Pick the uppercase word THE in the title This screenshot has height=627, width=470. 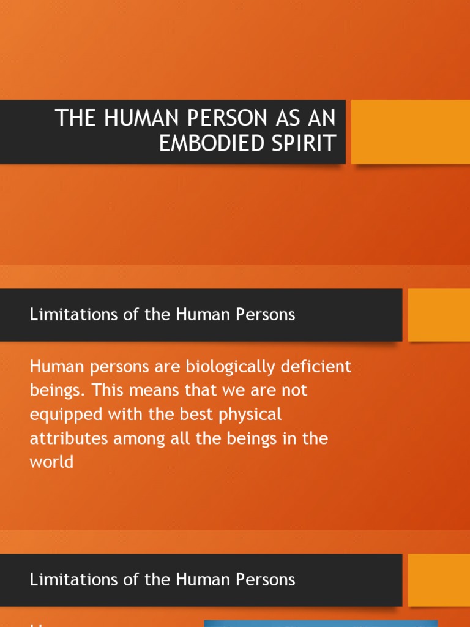click(76, 118)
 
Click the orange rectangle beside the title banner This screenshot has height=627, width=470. click(410, 132)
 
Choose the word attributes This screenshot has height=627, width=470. click(65, 438)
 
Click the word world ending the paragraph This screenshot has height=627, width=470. click(51, 462)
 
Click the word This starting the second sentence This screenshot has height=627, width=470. click(94, 391)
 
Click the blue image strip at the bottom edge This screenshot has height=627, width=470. click(320, 623)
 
